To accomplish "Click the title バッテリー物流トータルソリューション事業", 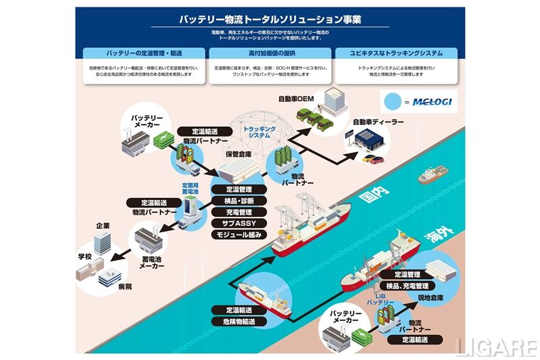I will (x=270, y=20).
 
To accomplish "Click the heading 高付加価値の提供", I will (x=270, y=53).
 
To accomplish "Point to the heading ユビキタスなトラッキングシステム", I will (x=396, y=53).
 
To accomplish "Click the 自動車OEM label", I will (x=297, y=99).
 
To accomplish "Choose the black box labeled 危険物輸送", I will (x=232, y=322).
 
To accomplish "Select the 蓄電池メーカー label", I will (x=152, y=262).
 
